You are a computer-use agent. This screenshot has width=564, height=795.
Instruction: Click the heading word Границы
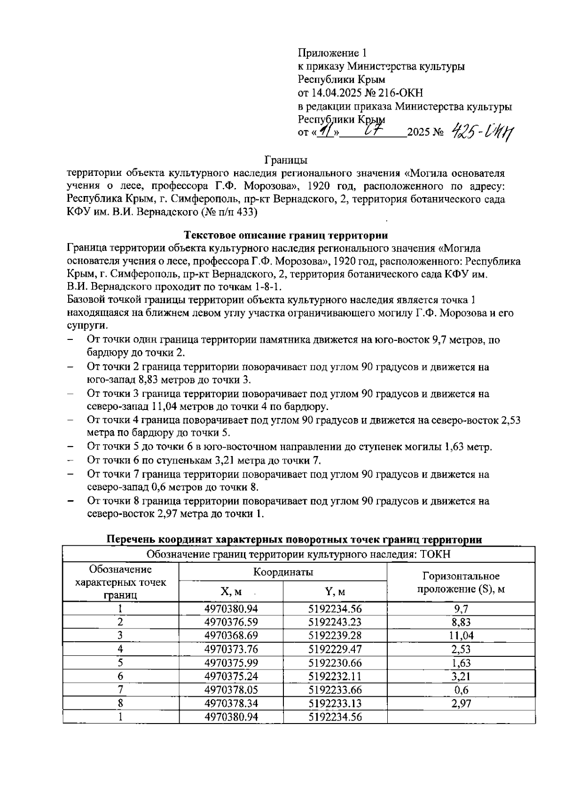click(x=286, y=160)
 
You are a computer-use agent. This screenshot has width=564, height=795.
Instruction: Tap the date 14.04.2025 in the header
click(x=338, y=93)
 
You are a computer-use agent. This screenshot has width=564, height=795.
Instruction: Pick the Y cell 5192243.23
click(x=335, y=622)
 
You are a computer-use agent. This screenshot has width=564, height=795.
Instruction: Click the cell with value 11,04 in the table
click(x=461, y=636)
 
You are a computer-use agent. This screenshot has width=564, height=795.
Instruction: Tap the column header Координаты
click(x=283, y=572)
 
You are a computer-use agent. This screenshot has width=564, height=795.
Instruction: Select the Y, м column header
click(x=335, y=591)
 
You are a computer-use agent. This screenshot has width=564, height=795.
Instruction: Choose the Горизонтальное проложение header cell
click(x=461, y=582)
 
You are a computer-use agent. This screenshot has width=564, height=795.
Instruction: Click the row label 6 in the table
click(x=121, y=676)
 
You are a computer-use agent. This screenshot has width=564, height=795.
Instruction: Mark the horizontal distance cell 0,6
click(x=461, y=690)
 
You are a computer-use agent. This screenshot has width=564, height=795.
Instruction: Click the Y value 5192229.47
click(x=335, y=649)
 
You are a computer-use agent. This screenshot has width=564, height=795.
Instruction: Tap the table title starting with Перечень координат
click(x=295, y=539)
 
